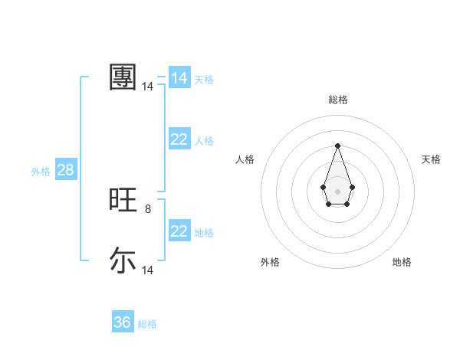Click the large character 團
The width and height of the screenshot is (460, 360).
pyautogui.click(x=123, y=77)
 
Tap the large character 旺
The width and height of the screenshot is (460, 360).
pyautogui.click(x=123, y=200)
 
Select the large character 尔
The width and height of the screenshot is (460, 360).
pyautogui.click(x=123, y=260)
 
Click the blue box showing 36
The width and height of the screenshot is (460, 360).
pyautogui.click(x=123, y=322)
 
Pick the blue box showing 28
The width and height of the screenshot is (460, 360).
pyautogui.click(x=65, y=170)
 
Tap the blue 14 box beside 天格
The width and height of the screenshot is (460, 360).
pyautogui.click(x=179, y=78)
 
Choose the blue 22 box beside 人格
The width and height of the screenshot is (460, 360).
pyautogui.click(x=179, y=139)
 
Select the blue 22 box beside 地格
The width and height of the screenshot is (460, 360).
pyautogui.click(x=179, y=231)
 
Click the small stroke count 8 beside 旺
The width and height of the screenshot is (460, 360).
pyautogui.click(x=148, y=208)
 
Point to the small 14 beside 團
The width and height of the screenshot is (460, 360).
pyautogui.click(x=148, y=87)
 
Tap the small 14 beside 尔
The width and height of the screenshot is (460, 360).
pyautogui.click(x=148, y=270)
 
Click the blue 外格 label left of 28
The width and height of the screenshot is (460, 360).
pyautogui.click(x=41, y=172)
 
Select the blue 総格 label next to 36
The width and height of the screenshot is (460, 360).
pyautogui.click(x=147, y=324)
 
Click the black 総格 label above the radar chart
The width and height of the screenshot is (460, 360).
pyautogui.click(x=337, y=100)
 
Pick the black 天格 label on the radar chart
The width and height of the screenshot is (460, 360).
pyautogui.click(x=431, y=159)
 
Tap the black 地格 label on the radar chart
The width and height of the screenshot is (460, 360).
pyautogui.click(x=402, y=262)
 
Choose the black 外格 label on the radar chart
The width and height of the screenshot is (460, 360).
pyautogui.click(x=270, y=262)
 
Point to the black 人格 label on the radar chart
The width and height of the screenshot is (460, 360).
pyautogui.click(x=245, y=159)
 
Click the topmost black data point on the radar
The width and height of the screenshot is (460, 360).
pyautogui.click(x=337, y=146)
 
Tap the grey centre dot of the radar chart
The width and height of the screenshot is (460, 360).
pyautogui.click(x=337, y=191)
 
